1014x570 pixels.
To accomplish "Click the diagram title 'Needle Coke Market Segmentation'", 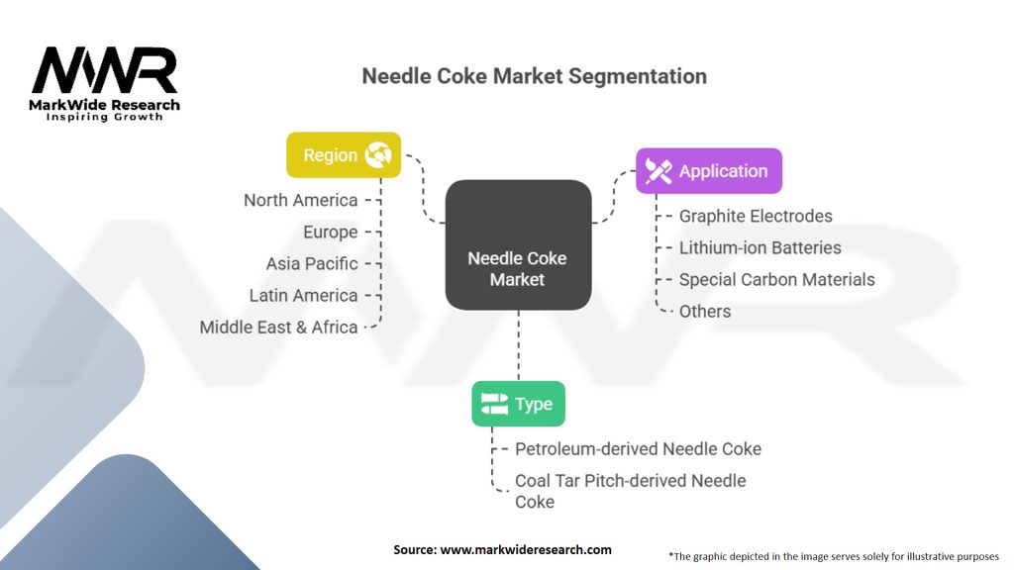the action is [x=534, y=76].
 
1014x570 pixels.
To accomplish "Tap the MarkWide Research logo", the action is [x=105, y=83].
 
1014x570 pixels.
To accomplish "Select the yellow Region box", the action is [x=344, y=155].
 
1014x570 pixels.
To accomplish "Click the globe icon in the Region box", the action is [x=377, y=155].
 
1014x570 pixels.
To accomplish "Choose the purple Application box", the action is [x=709, y=170].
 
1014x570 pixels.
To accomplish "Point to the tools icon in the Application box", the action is [x=659, y=171].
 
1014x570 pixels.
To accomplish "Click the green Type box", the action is [x=518, y=404].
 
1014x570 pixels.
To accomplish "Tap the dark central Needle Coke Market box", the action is [x=518, y=245].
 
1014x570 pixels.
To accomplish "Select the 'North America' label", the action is [x=301, y=200].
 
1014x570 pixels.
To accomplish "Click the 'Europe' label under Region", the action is [x=331, y=232].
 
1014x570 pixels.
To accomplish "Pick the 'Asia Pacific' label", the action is [x=312, y=263].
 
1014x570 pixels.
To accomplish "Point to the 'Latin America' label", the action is [x=303, y=295].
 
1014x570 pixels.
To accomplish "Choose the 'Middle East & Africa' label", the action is [x=278, y=327].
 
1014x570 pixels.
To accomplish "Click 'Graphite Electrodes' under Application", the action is [x=756, y=216].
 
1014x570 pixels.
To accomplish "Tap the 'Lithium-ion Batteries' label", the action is [x=760, y=247].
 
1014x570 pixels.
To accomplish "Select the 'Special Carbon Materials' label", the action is [x=776, y=279].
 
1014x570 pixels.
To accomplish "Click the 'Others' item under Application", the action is [x=705, y=312].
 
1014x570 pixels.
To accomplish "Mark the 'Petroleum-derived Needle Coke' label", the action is [x=638, y=449].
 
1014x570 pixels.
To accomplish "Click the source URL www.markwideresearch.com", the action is [x=526, y=550].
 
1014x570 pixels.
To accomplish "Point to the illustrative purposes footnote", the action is [x=834, y=556].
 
